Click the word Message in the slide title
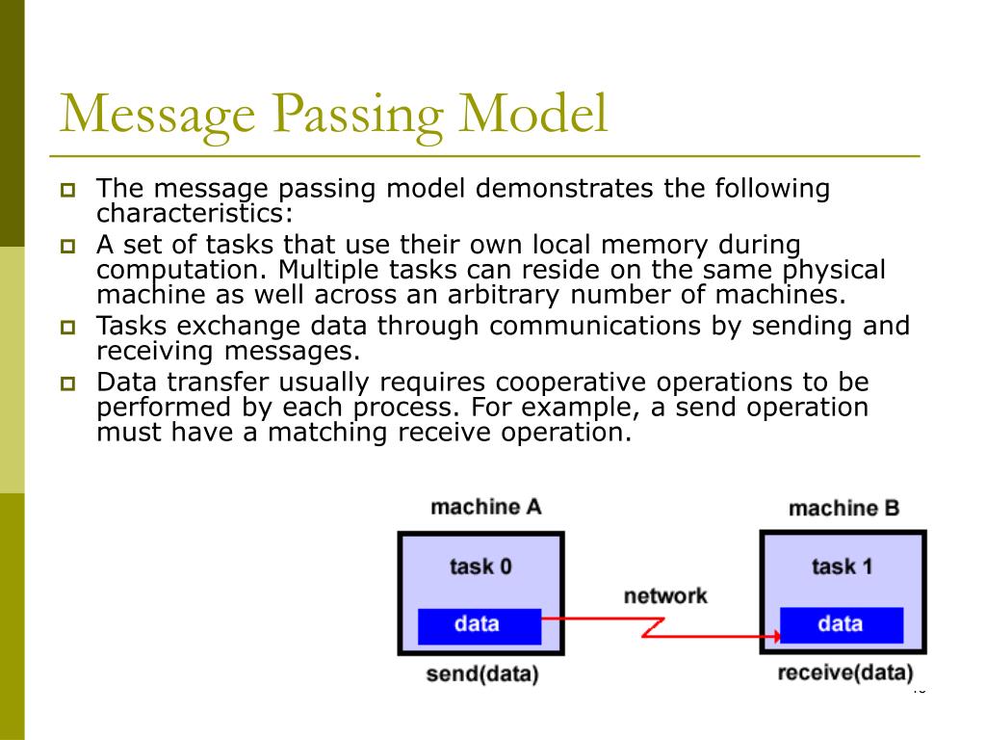[x=158, y=115]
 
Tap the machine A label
[x=485, y=507]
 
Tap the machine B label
[x=843, y=508]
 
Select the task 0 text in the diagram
[x=480, y=566]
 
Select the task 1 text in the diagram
[x=842, y=566]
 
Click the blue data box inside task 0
[x=479, y=624]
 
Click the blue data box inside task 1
[x=841, y=624]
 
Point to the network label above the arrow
[x=664, y=595]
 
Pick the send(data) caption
[x=481, y=674]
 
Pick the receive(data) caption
[x=844, y=674]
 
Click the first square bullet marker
[x=68, y=190]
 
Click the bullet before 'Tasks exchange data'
[x=68, y=328]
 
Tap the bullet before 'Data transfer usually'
[x=68, y=383]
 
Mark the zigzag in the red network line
[x=655, y=628]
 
